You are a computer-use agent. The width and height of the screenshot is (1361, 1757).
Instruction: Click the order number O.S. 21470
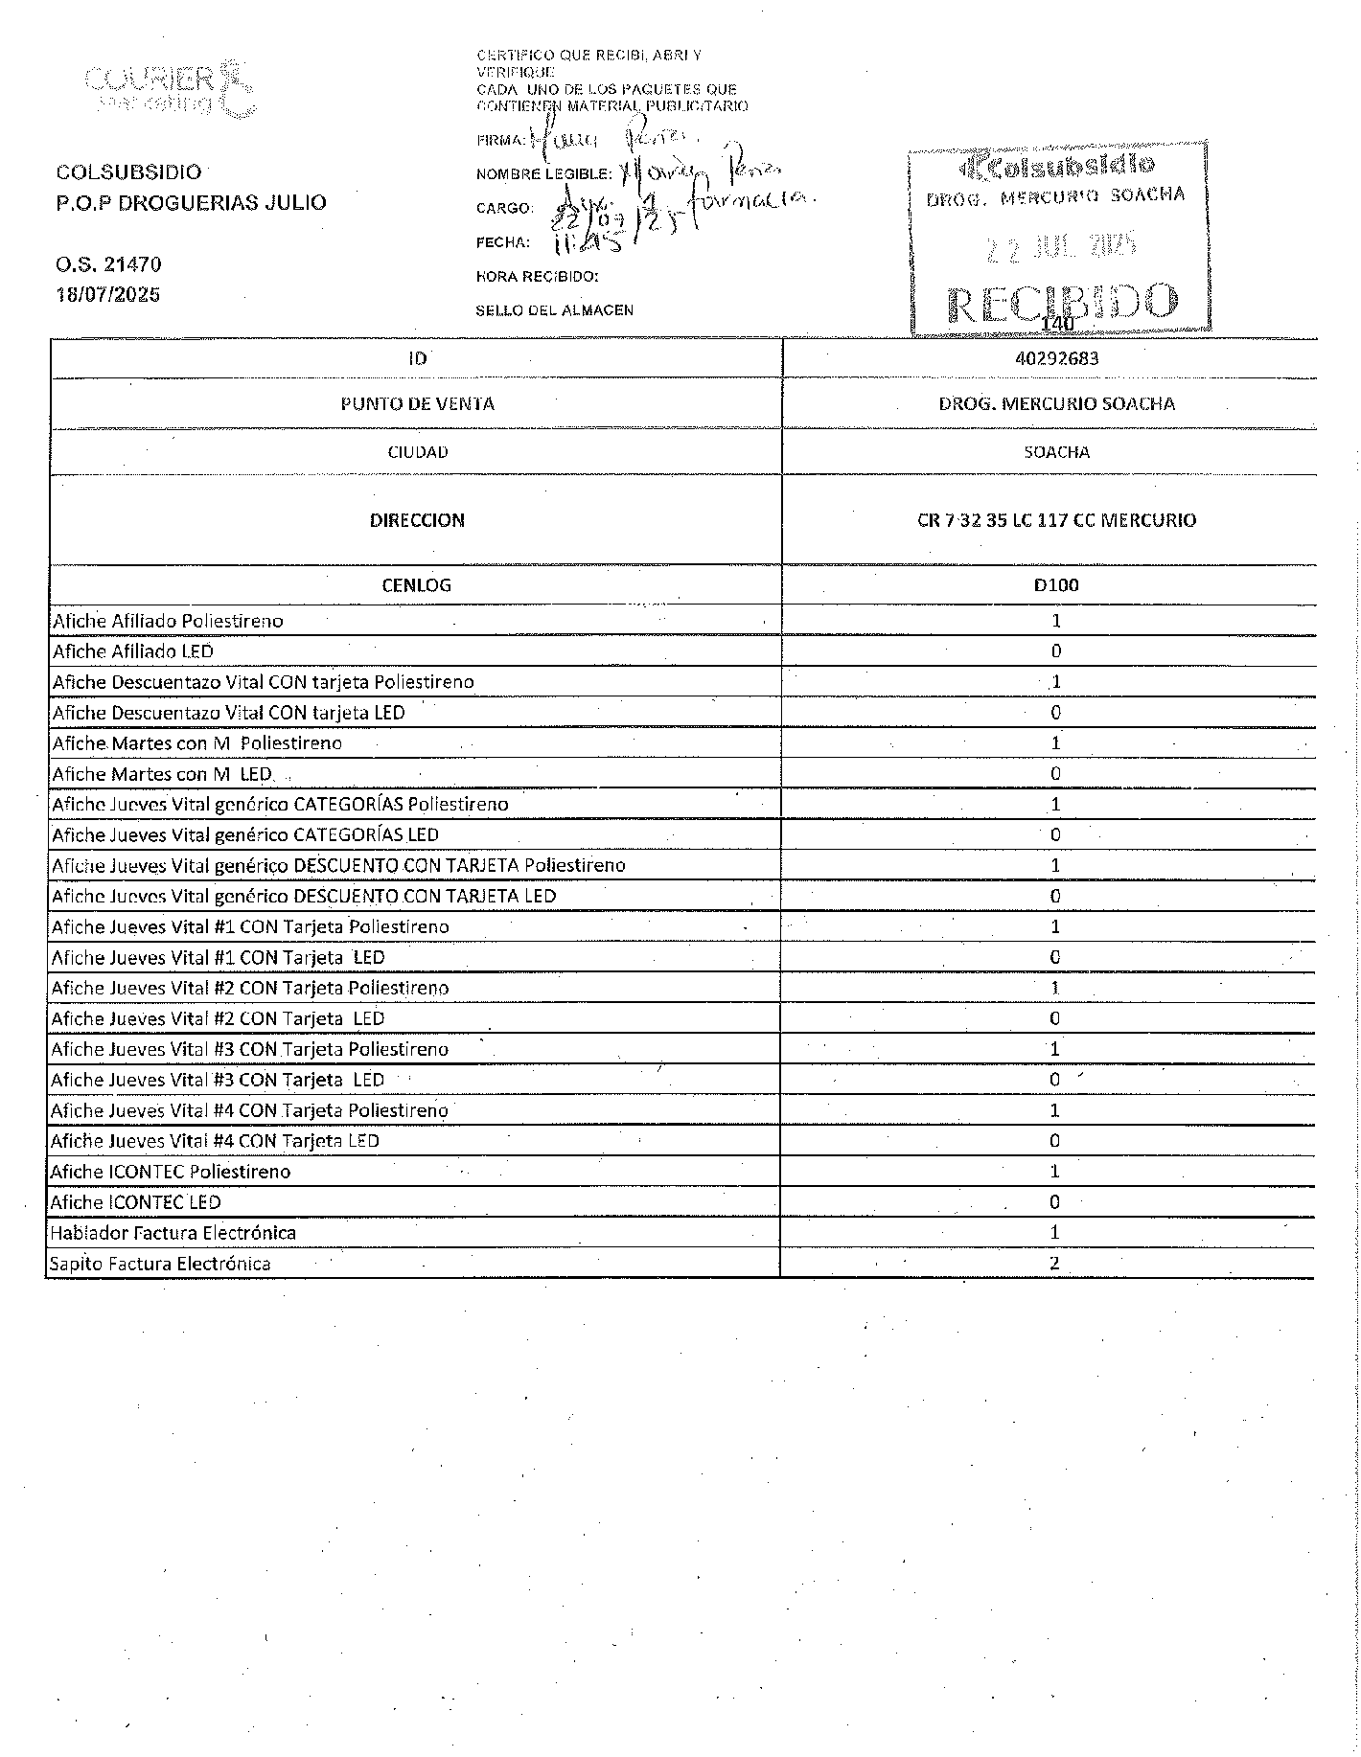coord(108,264)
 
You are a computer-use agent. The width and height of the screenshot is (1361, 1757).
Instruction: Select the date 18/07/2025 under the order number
coord(108,294)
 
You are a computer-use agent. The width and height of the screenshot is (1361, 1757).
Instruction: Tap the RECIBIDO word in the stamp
coord(1062,303)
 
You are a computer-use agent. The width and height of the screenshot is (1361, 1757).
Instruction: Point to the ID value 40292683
coord(1056,358)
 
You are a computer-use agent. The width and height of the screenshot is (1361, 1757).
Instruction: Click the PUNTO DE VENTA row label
coord(417,403)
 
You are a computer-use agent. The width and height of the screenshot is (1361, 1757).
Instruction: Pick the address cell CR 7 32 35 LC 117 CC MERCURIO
coord(1056,520)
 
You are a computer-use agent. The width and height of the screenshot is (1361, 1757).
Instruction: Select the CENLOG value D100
coord(1056,585)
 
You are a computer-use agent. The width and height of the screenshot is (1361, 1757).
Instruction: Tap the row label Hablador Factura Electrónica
coord(173,1233)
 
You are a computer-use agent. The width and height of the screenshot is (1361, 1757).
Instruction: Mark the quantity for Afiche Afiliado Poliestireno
coord(1056,621)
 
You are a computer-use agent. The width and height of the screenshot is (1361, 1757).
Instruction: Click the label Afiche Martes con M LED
coord(162,774)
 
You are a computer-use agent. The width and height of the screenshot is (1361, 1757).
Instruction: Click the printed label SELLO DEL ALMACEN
coord(554,310)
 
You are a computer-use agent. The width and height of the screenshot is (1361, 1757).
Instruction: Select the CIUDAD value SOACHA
coord(1056,452)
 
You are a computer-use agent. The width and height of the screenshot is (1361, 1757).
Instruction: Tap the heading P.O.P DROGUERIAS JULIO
coord(191,202)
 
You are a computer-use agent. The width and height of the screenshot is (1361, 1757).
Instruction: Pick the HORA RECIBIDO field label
coord(537,277)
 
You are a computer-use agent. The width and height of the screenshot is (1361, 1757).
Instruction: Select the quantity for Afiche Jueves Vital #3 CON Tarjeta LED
coord(1054,1080)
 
